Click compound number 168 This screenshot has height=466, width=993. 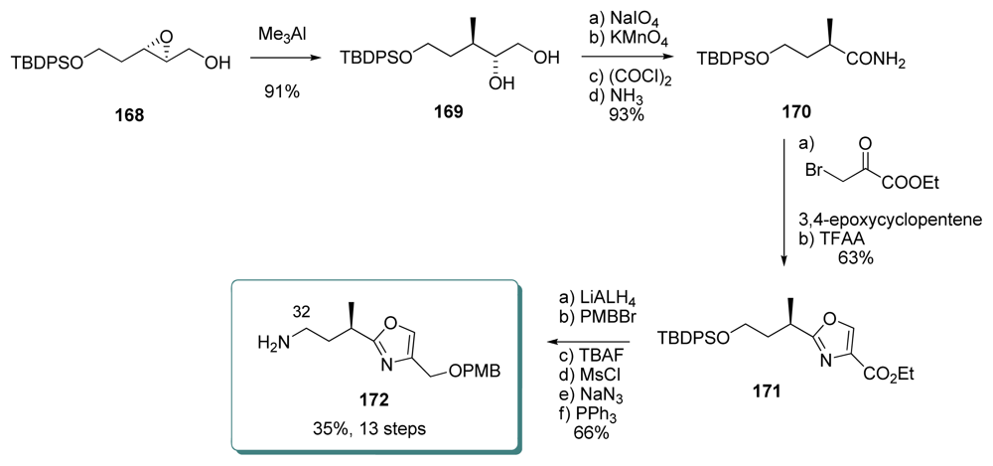pos(127,115)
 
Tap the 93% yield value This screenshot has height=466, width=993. pos(629,118)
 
